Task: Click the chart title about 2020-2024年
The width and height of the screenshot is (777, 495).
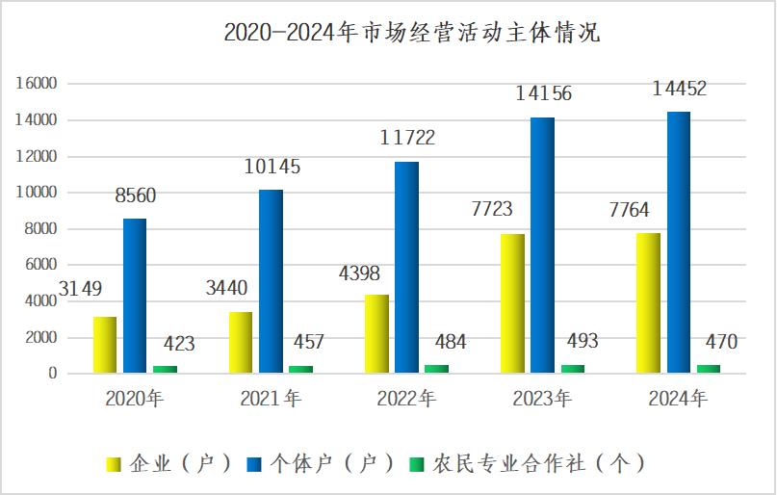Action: tap(411, 33)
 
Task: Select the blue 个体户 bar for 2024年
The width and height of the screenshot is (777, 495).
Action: tap(678, 242)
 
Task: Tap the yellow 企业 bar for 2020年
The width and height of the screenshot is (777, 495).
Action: tap(105, 344)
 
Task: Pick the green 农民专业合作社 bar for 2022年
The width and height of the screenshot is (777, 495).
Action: tap(436, 368)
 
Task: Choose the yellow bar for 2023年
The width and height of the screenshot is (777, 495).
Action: tap(513, 302)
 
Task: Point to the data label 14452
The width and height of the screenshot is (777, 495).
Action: tap(679, 90)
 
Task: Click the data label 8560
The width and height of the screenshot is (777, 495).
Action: tap(135, 196)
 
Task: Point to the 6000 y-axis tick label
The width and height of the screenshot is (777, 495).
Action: tap(40, 265)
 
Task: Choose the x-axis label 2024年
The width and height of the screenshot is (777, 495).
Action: tap(677, 399)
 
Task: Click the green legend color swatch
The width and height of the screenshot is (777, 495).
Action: tap(416, 464)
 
